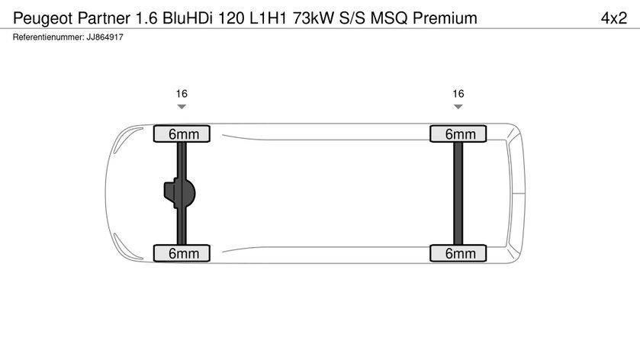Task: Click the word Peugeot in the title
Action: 43,19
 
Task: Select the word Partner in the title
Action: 104,18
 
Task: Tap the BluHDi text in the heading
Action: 188,18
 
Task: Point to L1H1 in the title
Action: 269,18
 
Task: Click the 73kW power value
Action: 313,18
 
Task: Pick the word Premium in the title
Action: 445,18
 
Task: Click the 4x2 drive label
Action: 614,18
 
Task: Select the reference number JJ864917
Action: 105,37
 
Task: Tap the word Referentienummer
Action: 48,37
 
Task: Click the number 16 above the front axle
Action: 182,94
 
